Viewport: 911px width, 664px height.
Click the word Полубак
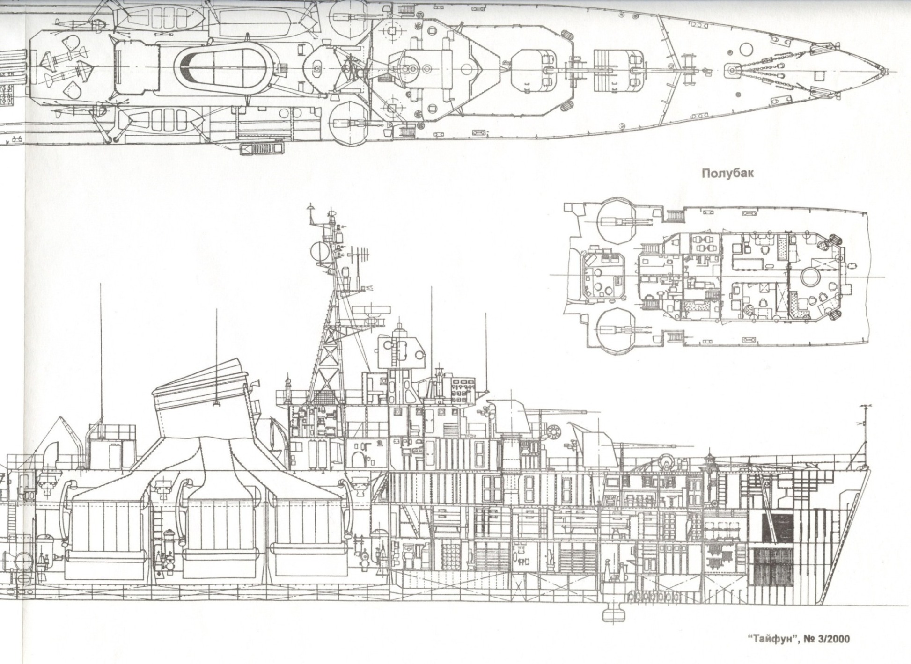coord(727,173)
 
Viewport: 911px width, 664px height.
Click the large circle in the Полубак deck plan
coord(811,277)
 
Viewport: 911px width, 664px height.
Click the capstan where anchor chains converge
coord(732,71)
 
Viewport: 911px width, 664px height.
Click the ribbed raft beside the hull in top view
coord(263,149)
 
